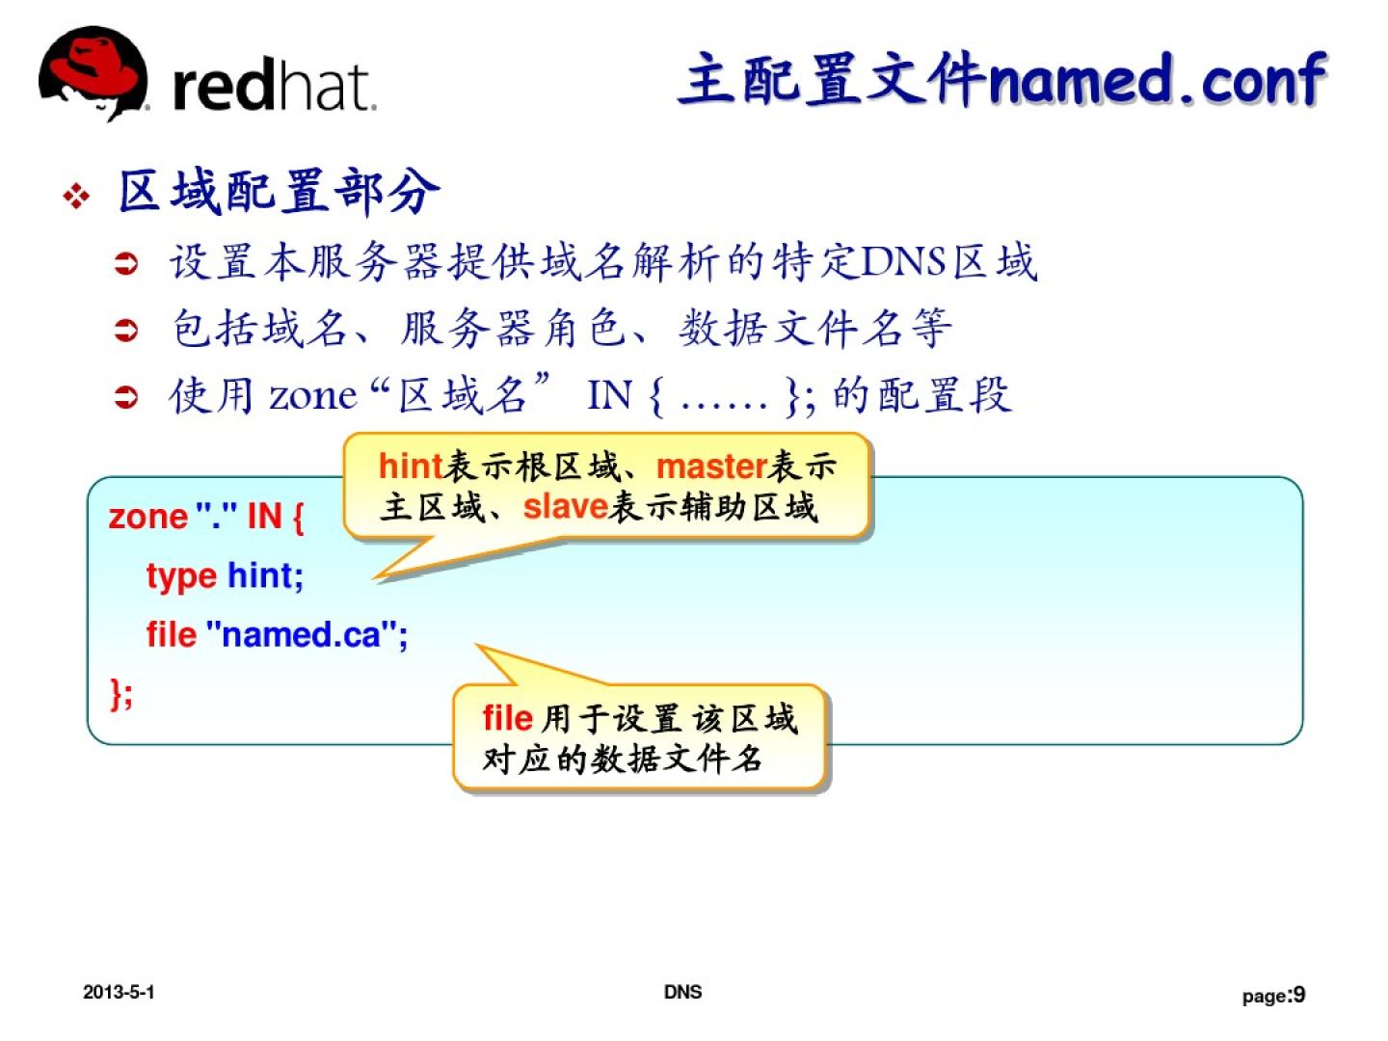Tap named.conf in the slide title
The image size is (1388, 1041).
pos(1157,80)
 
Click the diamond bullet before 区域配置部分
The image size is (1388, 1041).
pos(76,197)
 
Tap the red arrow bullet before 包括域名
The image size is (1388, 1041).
pos(126,330)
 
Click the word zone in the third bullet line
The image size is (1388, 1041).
pos(313,397)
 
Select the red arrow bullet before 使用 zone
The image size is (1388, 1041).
pos(126,398)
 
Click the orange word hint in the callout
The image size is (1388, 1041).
pos(409,467)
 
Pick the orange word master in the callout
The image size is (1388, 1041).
pos(711,467)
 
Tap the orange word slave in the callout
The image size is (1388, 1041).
pos(565,506)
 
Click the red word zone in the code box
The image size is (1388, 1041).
pos(148,517)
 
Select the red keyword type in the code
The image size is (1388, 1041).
pos(181,576)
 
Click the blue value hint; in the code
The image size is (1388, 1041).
pos(266,575)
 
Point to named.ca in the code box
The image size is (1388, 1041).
pos(301,634)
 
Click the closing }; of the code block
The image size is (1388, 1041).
pos(121,693)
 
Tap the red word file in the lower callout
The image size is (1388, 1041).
pos(508,718)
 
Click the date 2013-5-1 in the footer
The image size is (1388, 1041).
pos(119,993)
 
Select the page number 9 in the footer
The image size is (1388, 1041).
pos(1298,994)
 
